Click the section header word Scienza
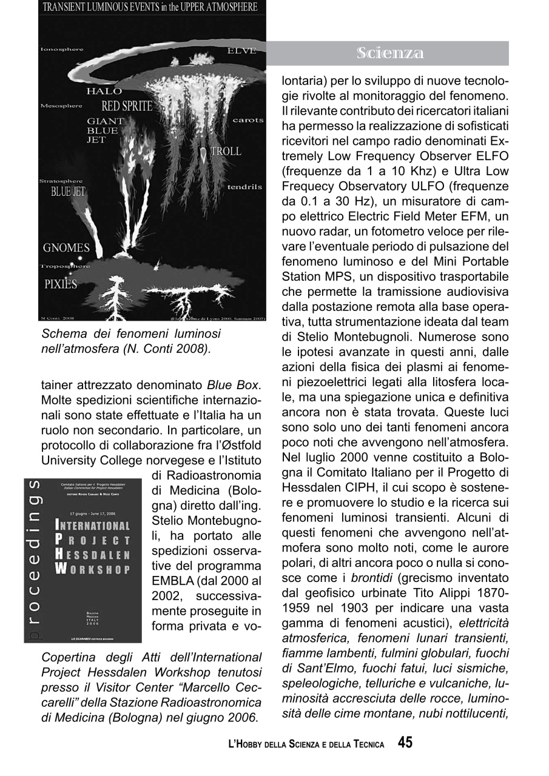390,53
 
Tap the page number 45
405,743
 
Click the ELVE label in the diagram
241,51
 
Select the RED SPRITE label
127,107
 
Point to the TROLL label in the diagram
226,152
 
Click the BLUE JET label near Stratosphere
68,193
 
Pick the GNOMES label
66,247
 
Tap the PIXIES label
61,284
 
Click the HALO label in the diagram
104,92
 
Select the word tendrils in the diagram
244,187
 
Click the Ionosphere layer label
62,49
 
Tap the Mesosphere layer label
61,106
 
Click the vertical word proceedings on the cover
35,561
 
